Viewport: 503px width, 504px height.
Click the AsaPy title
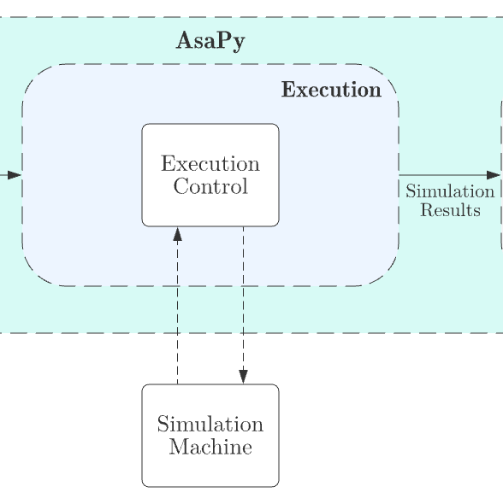210,42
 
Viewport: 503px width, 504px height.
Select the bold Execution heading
331,90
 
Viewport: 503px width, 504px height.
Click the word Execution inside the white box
210,164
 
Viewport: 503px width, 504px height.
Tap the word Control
210,186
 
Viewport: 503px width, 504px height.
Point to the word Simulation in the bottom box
210,425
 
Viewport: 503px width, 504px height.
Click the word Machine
210,447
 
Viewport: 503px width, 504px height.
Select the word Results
450,210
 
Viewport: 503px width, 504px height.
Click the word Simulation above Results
450,191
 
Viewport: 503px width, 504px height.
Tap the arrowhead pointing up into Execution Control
178,234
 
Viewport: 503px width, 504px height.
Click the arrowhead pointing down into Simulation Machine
243,377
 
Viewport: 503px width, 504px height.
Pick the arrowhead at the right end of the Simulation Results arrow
494,175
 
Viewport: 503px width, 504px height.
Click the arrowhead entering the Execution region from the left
15,175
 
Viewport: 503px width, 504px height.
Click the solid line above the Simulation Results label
450,175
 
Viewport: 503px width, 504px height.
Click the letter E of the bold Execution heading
288,89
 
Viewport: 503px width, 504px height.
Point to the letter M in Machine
180,447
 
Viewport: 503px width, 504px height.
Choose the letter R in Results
428,210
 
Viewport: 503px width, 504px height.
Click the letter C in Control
181,186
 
